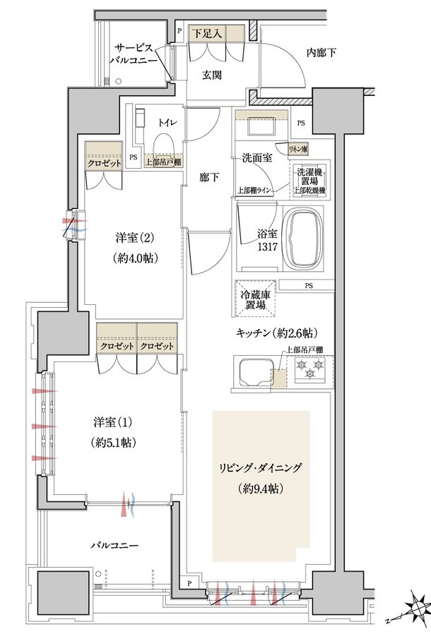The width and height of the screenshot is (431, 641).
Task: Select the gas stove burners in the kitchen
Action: pos(310,369)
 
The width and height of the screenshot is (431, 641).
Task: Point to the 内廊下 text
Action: pos(321,52)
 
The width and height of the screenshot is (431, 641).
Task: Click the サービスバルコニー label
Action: pos(133,54)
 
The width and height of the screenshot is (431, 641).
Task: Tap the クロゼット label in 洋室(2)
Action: pos(103,162)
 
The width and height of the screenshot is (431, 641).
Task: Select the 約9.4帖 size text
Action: pos(261,487)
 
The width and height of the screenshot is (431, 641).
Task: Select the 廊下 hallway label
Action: pos(208,177)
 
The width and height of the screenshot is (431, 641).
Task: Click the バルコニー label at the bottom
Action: pos(114,545)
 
